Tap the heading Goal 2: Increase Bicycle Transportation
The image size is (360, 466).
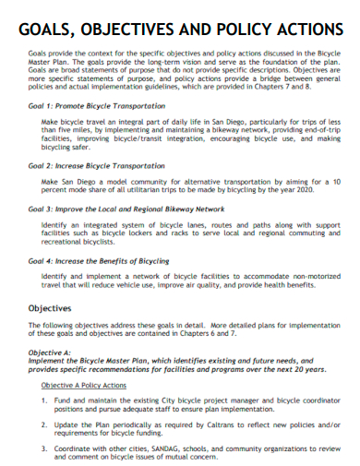click(x=96, y=165)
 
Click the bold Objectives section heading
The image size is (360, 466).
click(x=50, y=308)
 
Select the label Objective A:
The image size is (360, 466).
click(x=50, y=352)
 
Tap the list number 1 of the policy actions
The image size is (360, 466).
click(x=44, y=400)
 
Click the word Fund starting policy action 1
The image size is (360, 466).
click(x=62, y=400)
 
